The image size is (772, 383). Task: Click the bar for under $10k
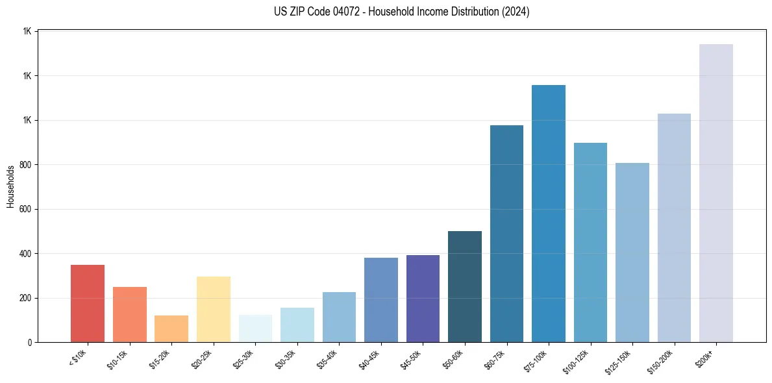[x=88, y=304]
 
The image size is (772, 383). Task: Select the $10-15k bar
[x=129, y=315]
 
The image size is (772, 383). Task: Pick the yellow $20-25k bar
[x=214, y=310]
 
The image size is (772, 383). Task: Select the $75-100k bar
[x=549, y=214]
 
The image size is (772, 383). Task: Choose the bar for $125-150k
[x=632, y=253]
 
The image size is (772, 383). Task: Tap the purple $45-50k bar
[x=423, y=299]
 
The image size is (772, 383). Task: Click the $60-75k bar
[x=506, y=234]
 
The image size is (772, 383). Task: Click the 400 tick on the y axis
[x=27, y=254]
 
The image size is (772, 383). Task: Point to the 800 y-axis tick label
[x=27, y=165]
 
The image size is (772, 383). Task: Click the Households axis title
[x=10, y=187]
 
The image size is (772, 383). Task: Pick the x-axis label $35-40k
[x=330, y=358]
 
